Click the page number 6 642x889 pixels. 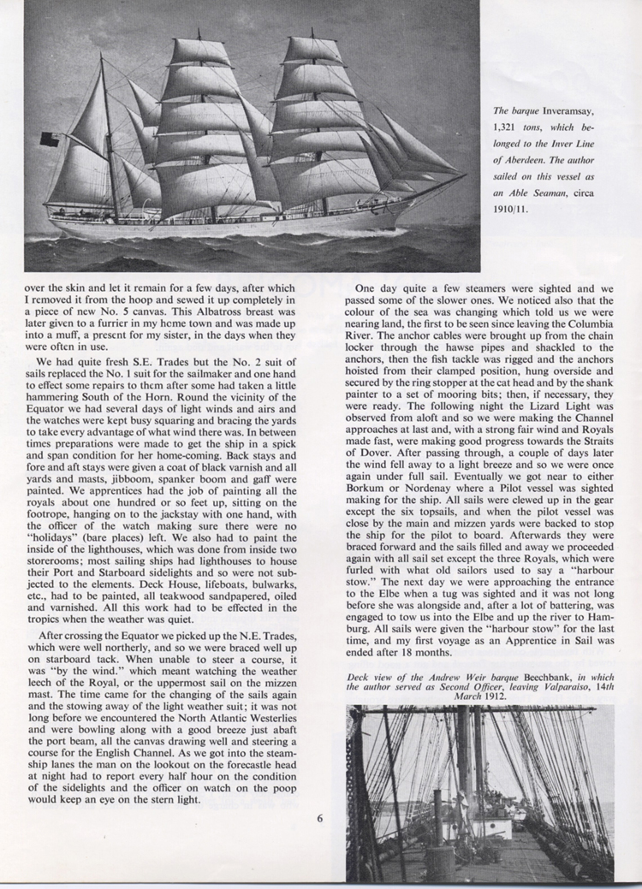pyautogui.click(x=318, y=817)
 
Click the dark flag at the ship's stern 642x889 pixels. pyautogui.click(x=50, y=139)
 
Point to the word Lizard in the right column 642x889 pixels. pyautogui.click(x=518, y=410)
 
